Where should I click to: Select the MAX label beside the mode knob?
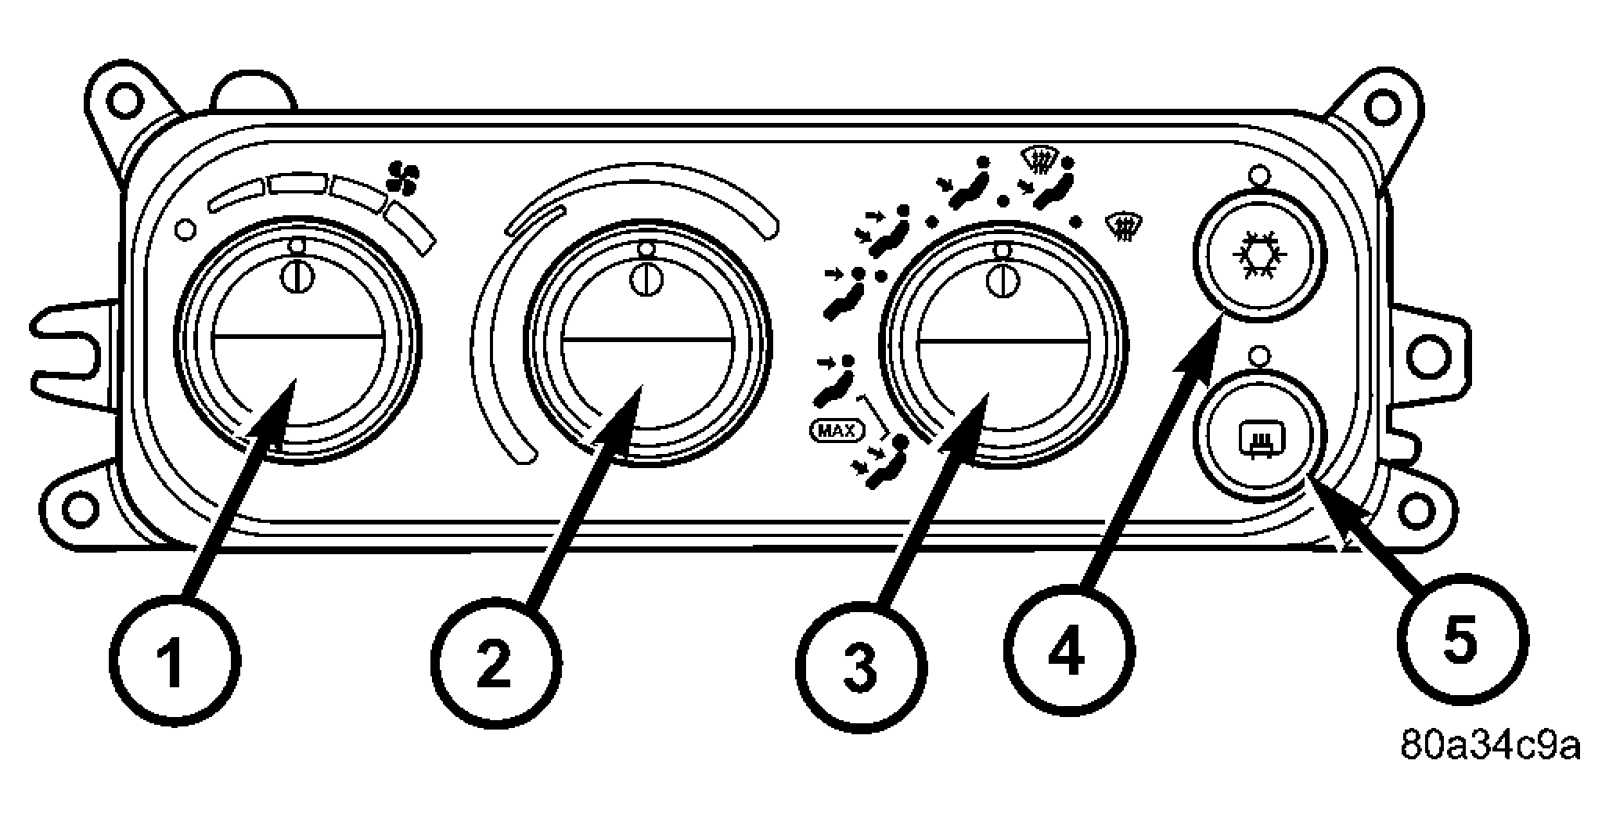point(837,429)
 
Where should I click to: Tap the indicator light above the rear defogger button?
point(1258,356)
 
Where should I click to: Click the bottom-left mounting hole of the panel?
point(77,509)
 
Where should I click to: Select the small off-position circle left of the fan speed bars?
point(185,229)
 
